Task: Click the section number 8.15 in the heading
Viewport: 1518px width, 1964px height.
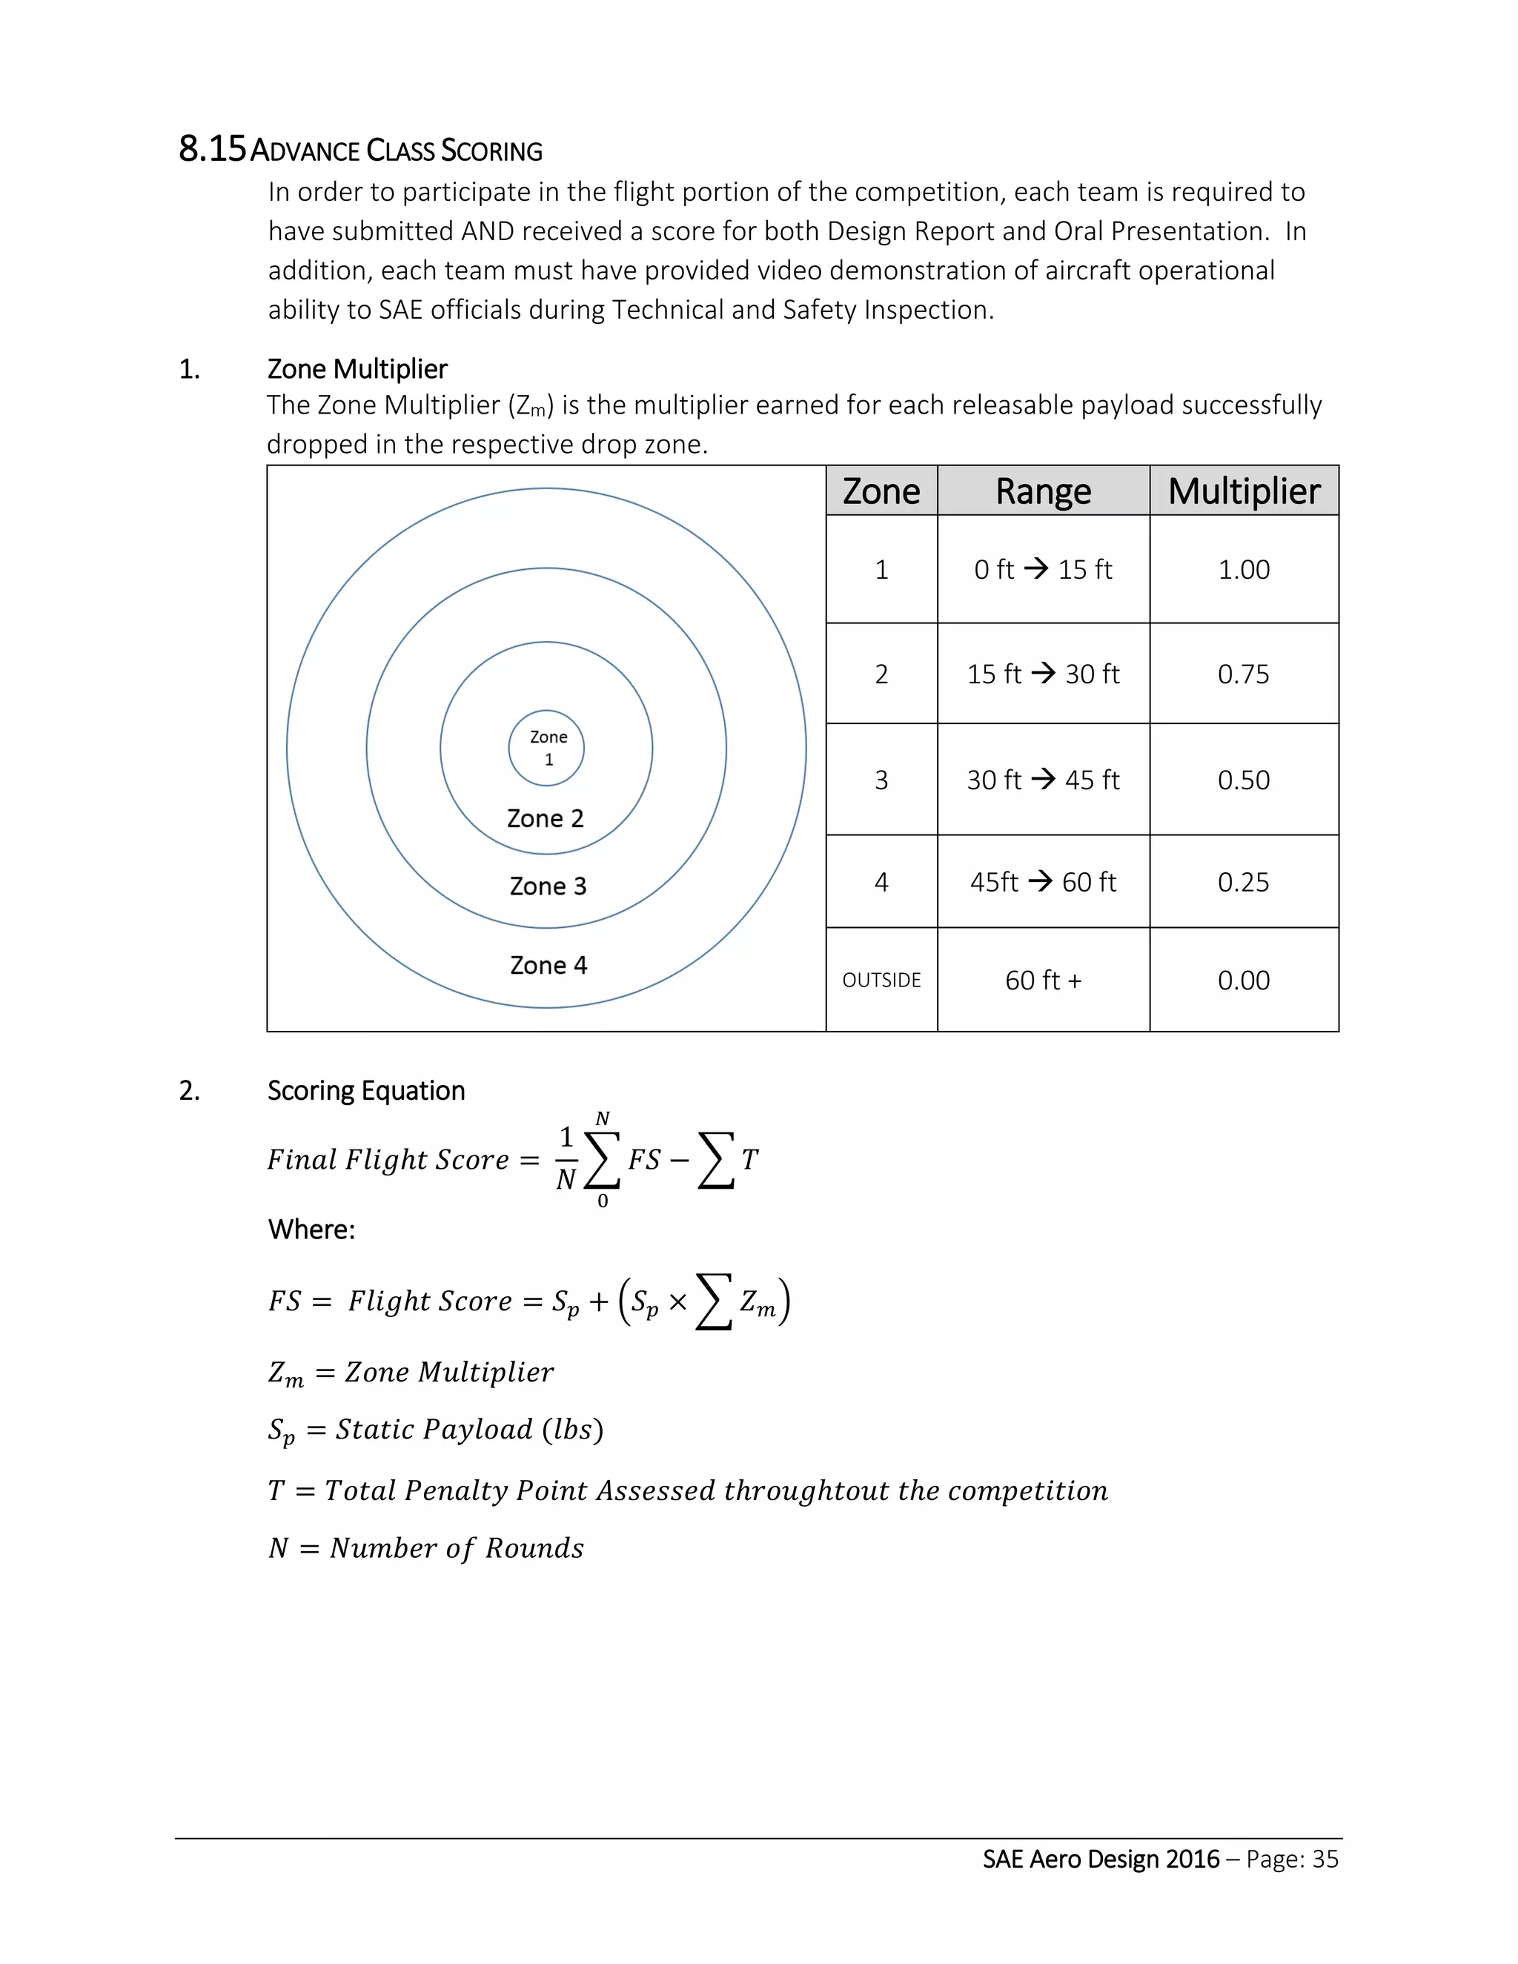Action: (211, 149)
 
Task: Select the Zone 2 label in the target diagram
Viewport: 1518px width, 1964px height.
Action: (545, 818)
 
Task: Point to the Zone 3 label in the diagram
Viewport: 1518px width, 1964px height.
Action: (548, 886)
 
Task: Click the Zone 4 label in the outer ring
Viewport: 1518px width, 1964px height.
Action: (548, 966)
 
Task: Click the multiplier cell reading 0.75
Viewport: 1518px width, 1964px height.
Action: (1244, 674)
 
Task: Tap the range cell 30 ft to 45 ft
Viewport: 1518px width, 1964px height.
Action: (1043, 780)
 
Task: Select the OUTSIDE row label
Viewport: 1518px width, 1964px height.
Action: (881, 981)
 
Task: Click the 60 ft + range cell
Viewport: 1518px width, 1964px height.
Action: (1043, 981)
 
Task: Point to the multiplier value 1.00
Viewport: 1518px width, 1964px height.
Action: (1244, 570)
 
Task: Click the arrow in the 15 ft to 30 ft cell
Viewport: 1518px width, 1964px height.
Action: (1043, 673)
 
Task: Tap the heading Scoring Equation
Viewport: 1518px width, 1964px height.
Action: (366, 1091)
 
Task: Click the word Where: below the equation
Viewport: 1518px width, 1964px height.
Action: (311, 1230)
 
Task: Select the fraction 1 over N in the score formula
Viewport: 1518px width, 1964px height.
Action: (566, 1159)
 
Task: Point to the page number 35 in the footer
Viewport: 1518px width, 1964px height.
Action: (1325, 1859)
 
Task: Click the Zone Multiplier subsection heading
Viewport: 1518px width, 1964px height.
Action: (357, 370)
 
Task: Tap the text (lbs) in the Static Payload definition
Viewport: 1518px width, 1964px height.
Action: (572, 1430)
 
